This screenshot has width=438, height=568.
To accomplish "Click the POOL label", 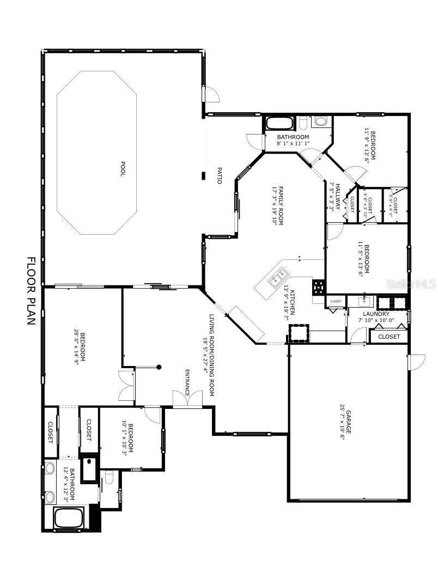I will [123, 169].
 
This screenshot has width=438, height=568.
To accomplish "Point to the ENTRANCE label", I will [187, 383].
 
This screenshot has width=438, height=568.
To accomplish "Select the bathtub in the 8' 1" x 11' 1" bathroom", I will [279, 123].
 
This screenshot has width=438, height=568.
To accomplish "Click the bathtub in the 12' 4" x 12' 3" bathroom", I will [69, 517].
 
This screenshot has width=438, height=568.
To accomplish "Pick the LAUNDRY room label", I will [376, 314].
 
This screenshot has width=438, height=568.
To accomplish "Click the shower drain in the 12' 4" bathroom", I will [89, 461].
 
